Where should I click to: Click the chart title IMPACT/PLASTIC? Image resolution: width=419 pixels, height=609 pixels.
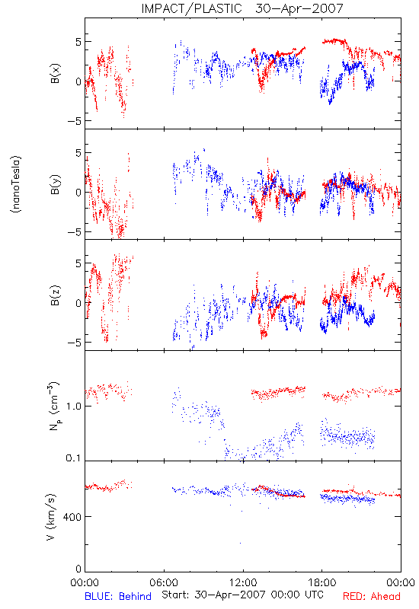point(191,8)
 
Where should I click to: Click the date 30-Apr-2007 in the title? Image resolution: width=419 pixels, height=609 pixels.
point(299,8)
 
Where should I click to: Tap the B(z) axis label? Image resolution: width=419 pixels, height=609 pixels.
point(56,295)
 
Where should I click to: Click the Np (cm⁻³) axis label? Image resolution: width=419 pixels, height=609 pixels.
point(54,406)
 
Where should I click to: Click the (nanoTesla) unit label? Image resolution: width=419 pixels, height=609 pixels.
point(16,184)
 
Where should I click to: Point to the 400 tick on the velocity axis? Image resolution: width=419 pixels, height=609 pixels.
point(72,517)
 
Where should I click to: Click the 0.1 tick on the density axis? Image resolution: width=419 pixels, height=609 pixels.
point(73,458)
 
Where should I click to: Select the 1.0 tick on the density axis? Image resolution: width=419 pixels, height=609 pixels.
point(73,406)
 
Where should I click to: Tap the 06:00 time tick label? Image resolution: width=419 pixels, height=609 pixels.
point(164,582)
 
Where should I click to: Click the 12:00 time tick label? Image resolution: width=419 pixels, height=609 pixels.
point(243,582)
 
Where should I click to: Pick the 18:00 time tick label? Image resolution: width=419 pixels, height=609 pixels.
point(321,582)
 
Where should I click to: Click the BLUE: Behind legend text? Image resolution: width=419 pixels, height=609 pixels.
point(118,597)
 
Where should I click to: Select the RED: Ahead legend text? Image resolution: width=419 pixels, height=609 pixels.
point(371,597)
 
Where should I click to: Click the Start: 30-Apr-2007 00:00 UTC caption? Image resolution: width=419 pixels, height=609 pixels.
point(242,595)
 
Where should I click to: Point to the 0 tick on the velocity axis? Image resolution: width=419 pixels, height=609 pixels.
point(78,569)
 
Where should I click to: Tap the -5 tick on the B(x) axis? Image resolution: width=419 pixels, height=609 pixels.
point(74,121)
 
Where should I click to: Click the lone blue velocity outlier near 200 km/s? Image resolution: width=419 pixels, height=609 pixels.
point(240,543)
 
